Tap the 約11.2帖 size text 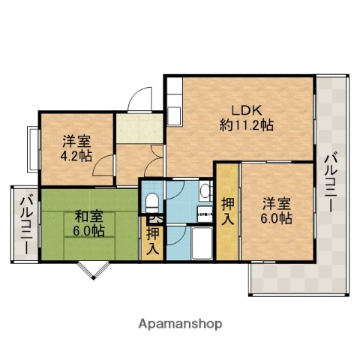(246, 124)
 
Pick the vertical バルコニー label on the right (331, 184)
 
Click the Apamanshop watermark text (180, 324)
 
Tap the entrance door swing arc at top (139, 101)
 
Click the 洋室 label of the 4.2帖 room (76, 141)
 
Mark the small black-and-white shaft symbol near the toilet (155, 220)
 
